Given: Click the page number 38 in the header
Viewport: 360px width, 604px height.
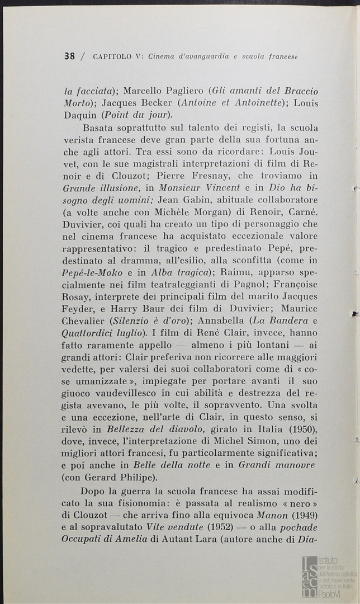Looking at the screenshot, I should pyautogui.click(x=70, y=56).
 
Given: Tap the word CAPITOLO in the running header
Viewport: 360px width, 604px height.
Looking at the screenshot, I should pyautogui.click(x=112, y=56).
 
